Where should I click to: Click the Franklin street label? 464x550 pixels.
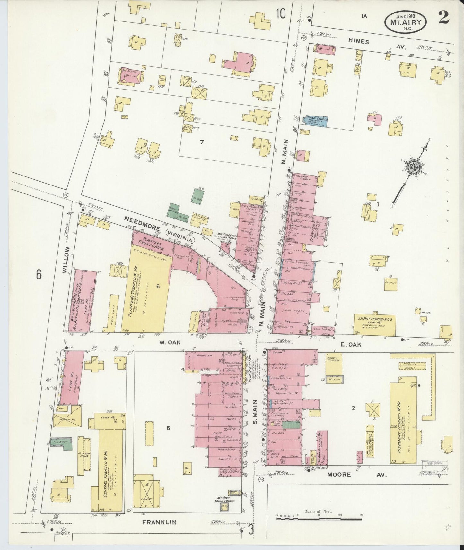[x=159, y=522]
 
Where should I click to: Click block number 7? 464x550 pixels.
[x=202, y=142]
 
